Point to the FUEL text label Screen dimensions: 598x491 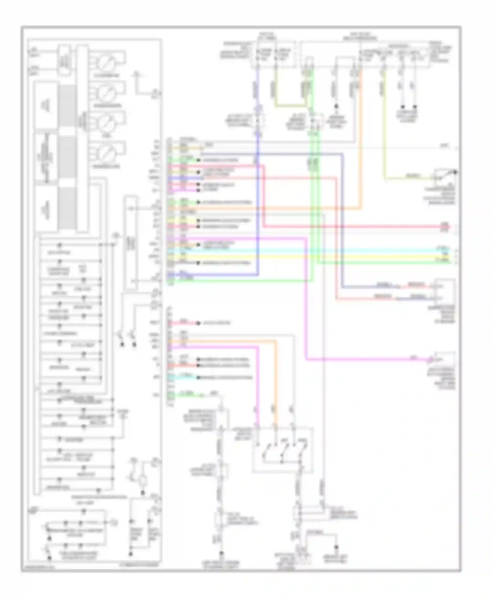[x=107, y=136]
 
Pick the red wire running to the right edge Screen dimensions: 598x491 [x=360, y=226]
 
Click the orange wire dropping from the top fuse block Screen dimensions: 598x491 [x=361, y=131]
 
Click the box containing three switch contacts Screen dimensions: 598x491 [x=282, y=449]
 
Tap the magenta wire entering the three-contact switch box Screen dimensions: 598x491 [x=258, y=386]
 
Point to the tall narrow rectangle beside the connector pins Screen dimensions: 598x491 [x=131, y=242]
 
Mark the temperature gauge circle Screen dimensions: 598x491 [x=106, y=153]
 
